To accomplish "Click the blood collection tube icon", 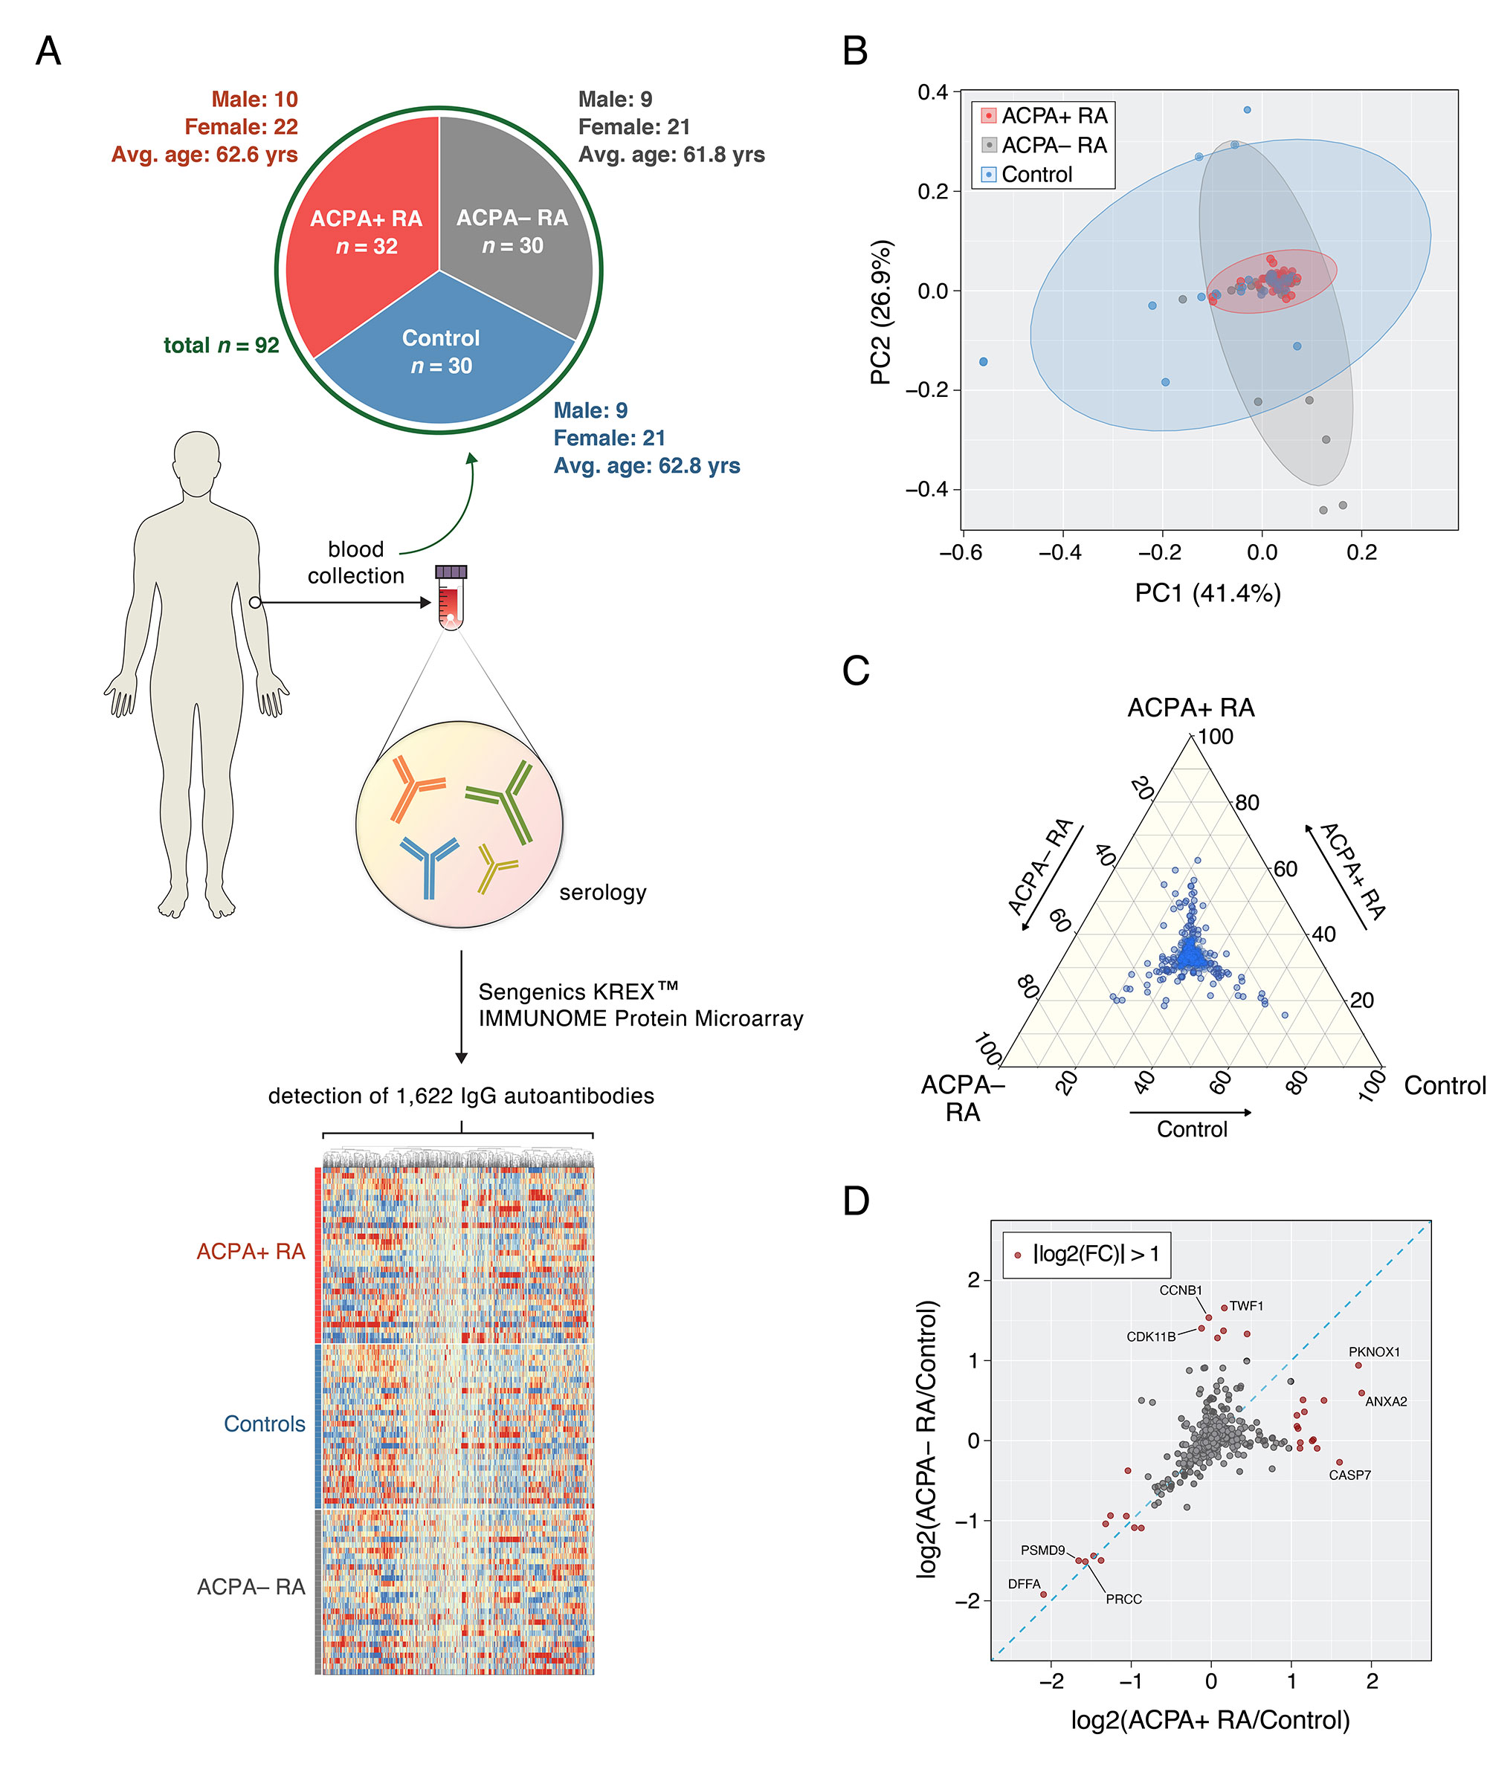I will click(x=451, y=596).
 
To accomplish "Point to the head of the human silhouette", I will click(x=196, y=462).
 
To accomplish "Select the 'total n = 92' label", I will click(x=221, y=346).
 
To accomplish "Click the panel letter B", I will click(x=854, y=51).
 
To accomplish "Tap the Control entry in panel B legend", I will click(x=1036, y=175).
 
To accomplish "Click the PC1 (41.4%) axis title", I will click(x=1207, y=592).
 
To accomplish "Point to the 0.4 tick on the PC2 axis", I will click(x=933, y=91).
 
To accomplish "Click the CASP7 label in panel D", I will click(x=1349, y=1475).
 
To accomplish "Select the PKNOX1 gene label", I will click(x=1373, y=1352).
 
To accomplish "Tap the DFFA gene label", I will click(x=1024, y=1584).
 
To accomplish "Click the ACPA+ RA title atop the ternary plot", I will click(x=1190, y=708).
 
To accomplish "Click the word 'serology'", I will click(x=603, y=893).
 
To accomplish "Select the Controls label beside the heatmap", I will click(x=264, y=1424).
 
